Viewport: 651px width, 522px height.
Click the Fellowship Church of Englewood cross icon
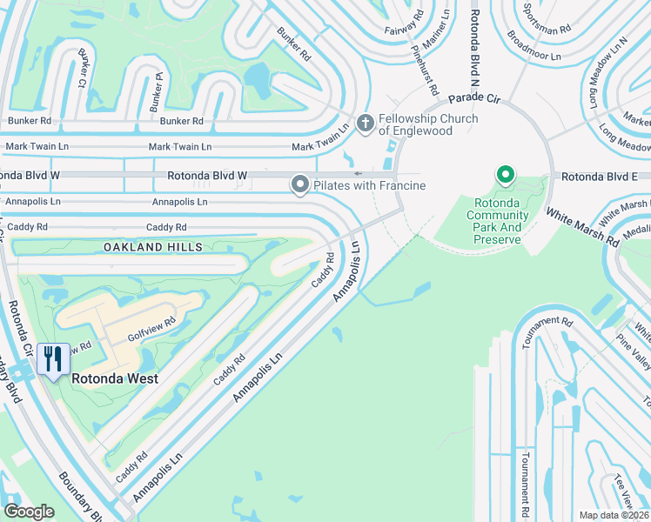point(365,124)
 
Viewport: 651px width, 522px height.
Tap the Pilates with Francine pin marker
point(300,184)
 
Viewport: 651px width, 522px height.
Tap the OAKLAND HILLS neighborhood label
point(153,247)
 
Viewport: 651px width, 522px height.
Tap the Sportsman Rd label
point(547,17)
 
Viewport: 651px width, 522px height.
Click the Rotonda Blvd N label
point(476,43)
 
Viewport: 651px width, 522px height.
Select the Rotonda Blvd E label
point(600,176)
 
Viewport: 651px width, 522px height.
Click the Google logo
point(29,512)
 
